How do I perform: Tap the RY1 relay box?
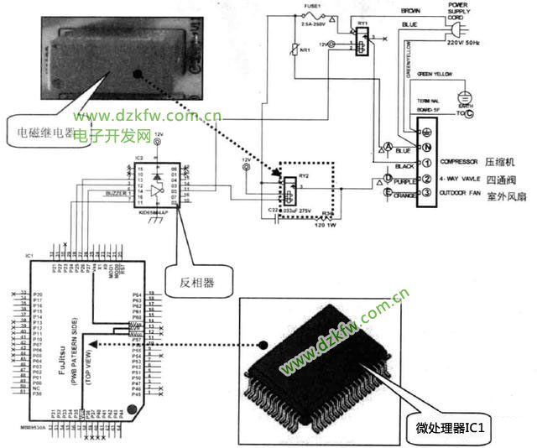click(x=362, y=40)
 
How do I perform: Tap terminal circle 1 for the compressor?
click(x=427, y=162)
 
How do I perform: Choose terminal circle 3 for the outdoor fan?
click(x=427, y=194)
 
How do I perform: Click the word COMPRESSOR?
click(x=458, y=162)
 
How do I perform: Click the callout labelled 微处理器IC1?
click(x=456, y=428)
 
